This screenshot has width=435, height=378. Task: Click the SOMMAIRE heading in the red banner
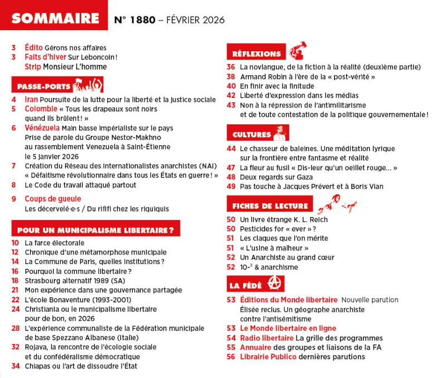pos(55,18)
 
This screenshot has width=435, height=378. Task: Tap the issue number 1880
pos(142,20)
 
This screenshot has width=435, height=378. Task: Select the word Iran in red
pos(32,100)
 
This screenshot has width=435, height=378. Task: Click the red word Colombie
pos(41,109)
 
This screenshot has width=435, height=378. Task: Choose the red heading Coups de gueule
pos(53,199)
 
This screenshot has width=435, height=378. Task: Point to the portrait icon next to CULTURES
pos(281,134)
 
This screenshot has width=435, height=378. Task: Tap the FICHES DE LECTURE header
pos(270,206)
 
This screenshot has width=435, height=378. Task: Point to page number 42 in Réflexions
pos(231,95)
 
